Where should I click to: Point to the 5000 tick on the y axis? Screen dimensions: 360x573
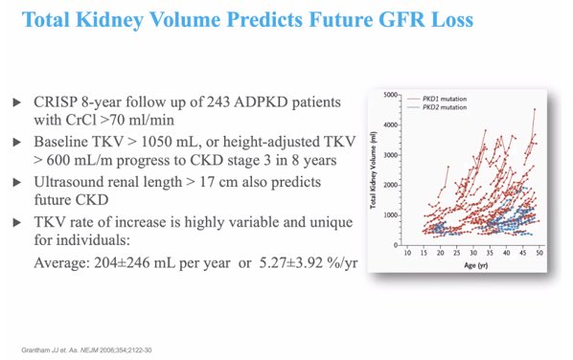[389, 95]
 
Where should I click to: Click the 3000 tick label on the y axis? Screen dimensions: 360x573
[389, 155]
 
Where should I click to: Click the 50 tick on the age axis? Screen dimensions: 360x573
[540, 253]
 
